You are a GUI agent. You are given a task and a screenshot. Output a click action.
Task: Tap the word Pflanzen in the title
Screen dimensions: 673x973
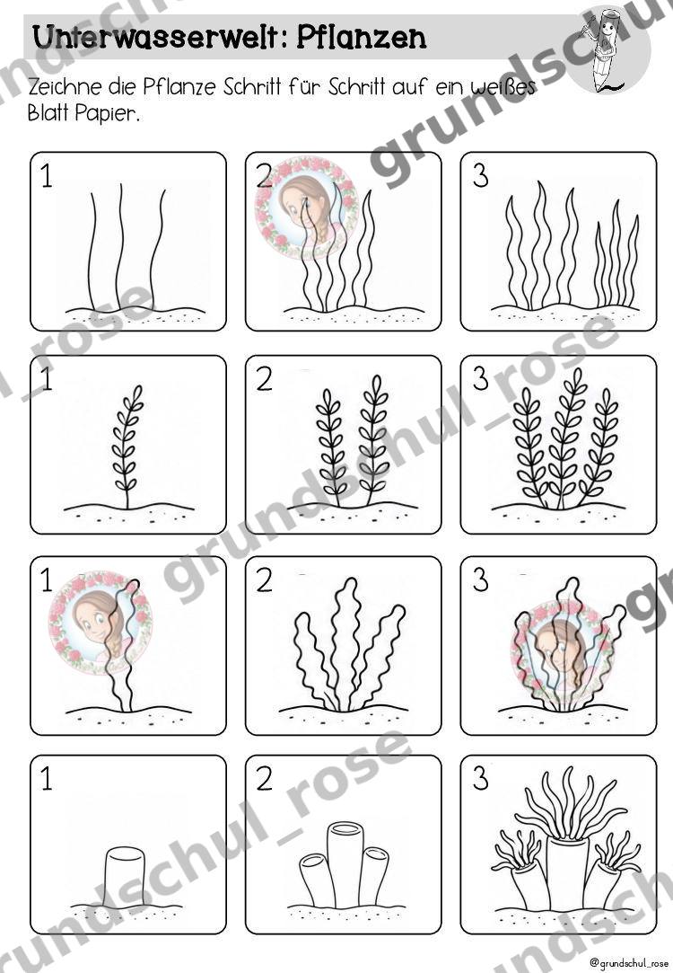(x=362, y=38)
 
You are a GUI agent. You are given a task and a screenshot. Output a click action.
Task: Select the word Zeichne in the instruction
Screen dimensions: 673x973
(x=66, y=86)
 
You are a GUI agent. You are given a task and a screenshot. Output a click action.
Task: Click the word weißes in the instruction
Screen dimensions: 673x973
(x=503, y=86)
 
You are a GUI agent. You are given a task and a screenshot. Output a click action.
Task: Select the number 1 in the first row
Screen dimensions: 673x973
(x=47, y=176)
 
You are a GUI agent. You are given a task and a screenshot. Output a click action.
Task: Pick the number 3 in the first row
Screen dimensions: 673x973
(x=480, y=175)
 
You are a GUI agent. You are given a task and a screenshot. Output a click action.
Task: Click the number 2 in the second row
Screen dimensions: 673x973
(x=264, y=379)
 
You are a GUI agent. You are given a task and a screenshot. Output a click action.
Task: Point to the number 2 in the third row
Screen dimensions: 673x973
(x=264, y=580)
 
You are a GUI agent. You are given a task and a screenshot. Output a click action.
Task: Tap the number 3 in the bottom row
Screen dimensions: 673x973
(x=480, y=778)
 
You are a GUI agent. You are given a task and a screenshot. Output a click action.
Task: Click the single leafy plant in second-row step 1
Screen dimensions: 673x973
(x=127, y=447)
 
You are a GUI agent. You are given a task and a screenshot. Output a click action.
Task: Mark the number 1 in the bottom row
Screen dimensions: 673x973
(x=47, y=778)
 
